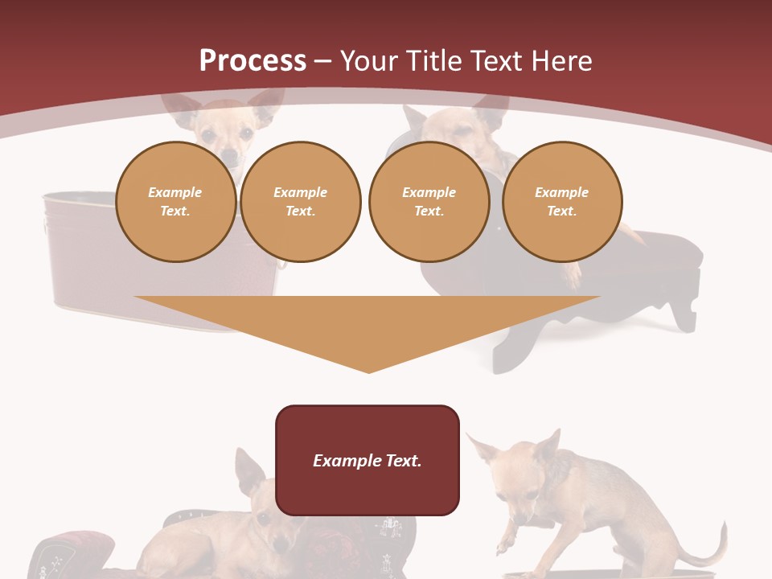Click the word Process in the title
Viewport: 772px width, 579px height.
(253, 61)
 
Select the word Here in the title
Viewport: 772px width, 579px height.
(561, 61)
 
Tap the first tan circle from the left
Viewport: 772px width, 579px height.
(175, 202)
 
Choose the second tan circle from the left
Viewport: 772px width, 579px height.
(300, 202)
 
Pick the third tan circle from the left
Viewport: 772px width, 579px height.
(429, 202)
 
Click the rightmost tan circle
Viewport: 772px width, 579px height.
(561, 202)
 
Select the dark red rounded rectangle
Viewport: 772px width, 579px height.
(368, 491)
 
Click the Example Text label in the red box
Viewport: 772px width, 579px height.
(368, 461)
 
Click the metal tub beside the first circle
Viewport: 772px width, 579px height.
(80, 249)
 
